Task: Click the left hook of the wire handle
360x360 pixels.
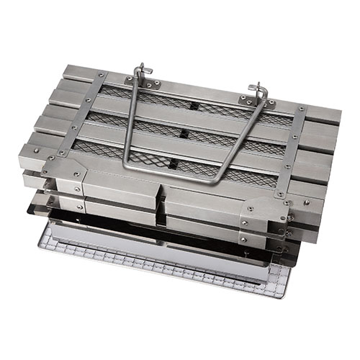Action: [140, 70]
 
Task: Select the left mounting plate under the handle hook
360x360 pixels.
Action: [142, 82]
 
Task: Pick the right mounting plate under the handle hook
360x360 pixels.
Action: [257, 102]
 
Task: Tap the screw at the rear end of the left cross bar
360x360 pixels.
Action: [102, 75]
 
